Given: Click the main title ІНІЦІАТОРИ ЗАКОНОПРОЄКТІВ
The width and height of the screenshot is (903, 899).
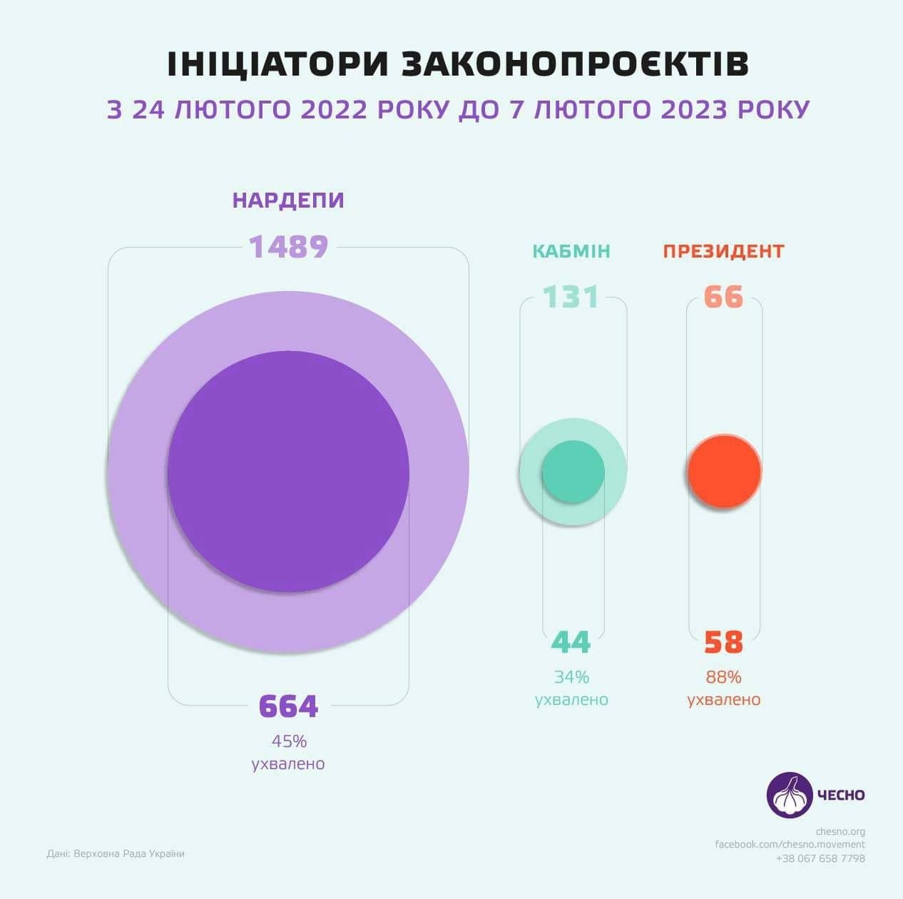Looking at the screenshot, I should click(457, 64).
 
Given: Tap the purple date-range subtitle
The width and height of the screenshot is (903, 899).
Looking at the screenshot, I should click(458, 110).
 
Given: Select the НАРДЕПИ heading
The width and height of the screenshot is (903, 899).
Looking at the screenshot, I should click(288, 200).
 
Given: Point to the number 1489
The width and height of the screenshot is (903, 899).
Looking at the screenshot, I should click(288, 247).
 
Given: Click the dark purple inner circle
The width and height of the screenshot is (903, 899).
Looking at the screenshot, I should click(288, 472).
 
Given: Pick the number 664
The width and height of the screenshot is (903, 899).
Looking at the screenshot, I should click(288, 706).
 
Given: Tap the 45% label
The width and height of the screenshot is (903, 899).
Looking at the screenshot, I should click(288, 741).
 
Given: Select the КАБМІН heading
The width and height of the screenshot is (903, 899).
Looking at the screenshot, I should click(571, 251).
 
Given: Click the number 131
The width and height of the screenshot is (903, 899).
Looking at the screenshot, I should click(571, 297).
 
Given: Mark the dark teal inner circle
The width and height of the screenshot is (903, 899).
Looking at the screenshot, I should click(573, 472).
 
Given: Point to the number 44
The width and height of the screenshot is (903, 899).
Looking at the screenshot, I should click(571, 643).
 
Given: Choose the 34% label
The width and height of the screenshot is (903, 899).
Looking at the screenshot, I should click(571, 676).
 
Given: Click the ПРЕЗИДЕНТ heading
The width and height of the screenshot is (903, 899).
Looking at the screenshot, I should click(723, 251).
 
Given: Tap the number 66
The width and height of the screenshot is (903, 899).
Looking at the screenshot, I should click(723, 297).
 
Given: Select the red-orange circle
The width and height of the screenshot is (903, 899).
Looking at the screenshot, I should click(724, 471).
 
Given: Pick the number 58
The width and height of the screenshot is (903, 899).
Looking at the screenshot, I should click(723, 643).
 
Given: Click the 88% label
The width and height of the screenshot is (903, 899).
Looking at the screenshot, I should click(723, 676).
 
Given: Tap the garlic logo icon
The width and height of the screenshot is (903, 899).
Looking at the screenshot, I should click(790, 795).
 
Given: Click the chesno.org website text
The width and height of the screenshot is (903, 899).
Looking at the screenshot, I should click(840, 831).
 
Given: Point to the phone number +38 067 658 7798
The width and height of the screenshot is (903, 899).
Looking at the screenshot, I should click(820, 858).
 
